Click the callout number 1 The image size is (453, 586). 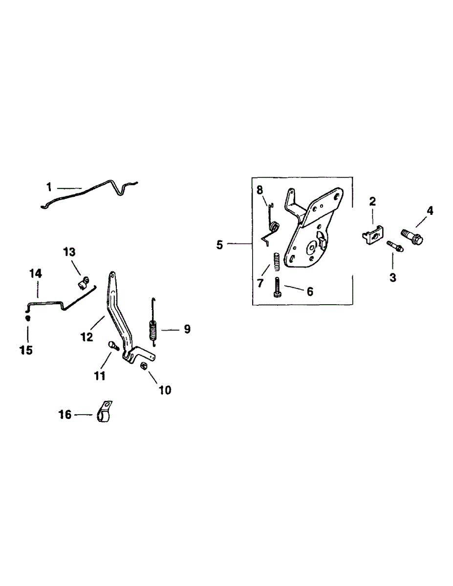49,187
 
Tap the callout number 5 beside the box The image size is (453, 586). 219,245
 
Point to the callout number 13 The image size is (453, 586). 69,252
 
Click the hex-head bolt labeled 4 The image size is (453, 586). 412,236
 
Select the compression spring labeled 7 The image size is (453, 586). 277,261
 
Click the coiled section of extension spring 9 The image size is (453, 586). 153,330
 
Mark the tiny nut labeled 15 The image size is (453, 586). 27,318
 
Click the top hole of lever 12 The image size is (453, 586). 112,275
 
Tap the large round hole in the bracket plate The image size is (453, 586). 312,247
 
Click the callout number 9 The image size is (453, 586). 187,329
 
